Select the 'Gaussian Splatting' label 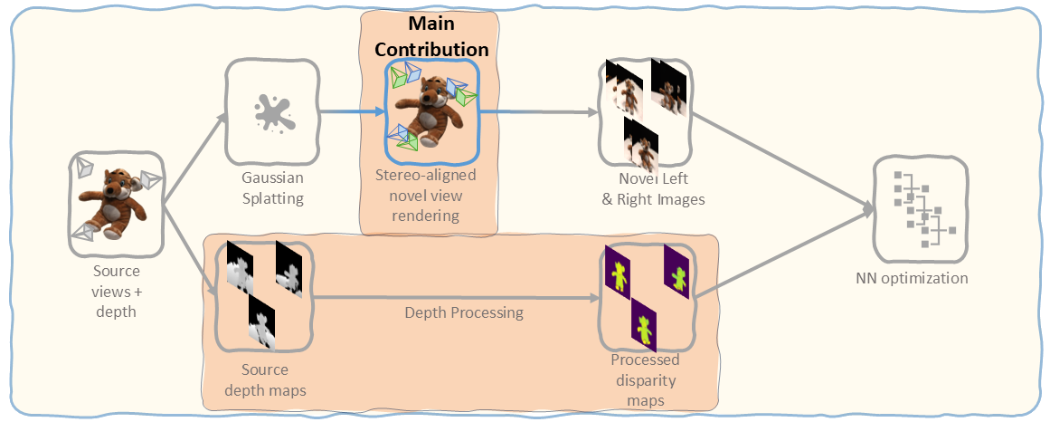(x=272, y=187)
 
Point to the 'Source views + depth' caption (x=117, y=290)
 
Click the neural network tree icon (x=919, y=209)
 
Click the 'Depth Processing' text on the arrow (x=463, y=312)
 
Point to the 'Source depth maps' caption (x=264, y=379)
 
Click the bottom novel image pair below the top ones (x=640, y=144)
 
